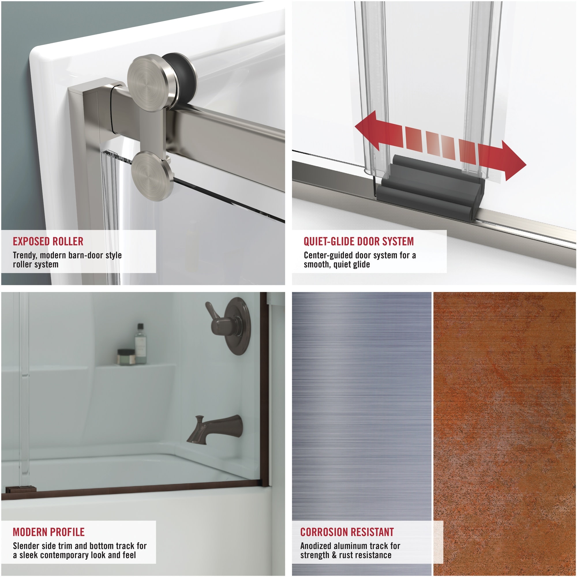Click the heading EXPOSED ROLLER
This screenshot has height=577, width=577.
tap(48, 241)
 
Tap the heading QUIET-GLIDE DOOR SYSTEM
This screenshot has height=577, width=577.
tap(358, 241)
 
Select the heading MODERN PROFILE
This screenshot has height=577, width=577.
tap(48, 532)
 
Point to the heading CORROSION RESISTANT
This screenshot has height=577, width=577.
tap(347, 532)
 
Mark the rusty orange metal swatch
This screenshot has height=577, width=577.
tap(505, 418)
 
